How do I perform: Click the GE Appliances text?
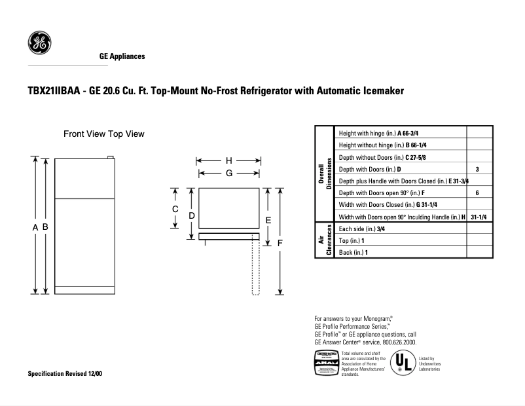pos(122,56)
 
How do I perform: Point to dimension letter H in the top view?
pos(229,160)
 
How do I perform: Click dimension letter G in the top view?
pos(229,173)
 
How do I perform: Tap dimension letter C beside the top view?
pos(175,209)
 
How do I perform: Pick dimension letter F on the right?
pos(280,243)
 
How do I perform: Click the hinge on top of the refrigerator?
pos(111,157)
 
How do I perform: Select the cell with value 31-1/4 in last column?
pos(479,217)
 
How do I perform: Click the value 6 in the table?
pos(478,193)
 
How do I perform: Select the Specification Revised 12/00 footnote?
pos(64,373)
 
